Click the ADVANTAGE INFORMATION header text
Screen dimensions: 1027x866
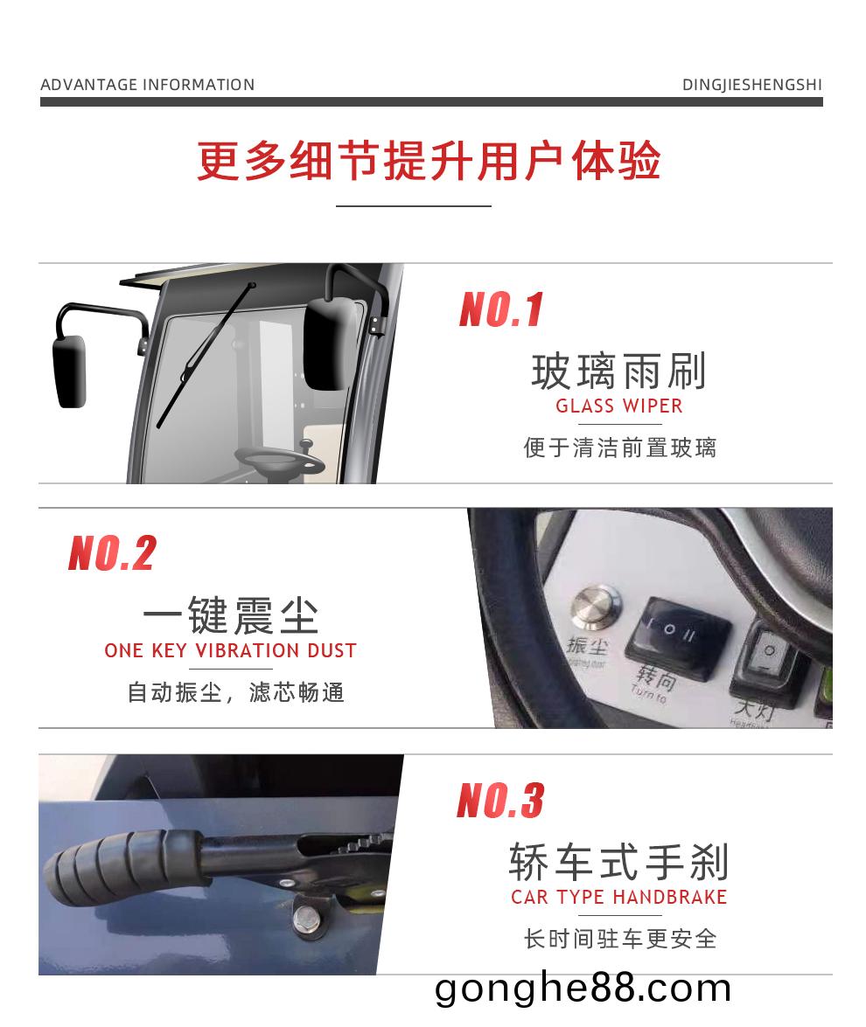(x=148, y=85)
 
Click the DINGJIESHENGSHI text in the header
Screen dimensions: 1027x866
(x=751, y=85)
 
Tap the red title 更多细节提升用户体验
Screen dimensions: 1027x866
(x=429, y=161)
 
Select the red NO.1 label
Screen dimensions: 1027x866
(x=501, y=310)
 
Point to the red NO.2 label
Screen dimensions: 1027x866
(x=112, y=554)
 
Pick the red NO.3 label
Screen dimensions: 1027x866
(x=500, y=801)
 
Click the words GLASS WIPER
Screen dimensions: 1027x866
(x=618, y=406)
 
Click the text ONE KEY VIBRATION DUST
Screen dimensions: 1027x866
(x=230, y=651)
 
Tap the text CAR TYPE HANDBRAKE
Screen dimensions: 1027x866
(x=618, y=898)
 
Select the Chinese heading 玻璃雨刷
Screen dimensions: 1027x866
(x=618, y=371)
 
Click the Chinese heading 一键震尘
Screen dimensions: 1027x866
(x=230, y=616)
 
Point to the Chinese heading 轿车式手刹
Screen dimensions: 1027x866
(x=618, y=863)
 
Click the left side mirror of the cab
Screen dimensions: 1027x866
(x=69, y=371)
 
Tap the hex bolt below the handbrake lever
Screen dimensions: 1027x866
(x=307, y=918)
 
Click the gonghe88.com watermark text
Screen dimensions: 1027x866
(x=583, y=989)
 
